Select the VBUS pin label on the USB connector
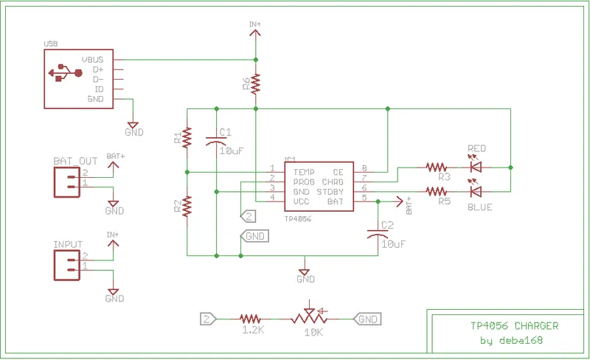(97, 59)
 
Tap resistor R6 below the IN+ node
(255, 83)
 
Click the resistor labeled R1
(187, 136)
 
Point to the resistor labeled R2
(187, 206)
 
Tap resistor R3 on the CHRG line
(436, 167)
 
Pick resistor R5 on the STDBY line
(436, 192)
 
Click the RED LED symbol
(476, 167)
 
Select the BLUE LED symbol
(476, 192)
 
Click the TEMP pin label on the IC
(294, 171)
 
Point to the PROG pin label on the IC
(294, 181)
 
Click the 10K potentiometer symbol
(310, 318)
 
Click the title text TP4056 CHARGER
(514, 325)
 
